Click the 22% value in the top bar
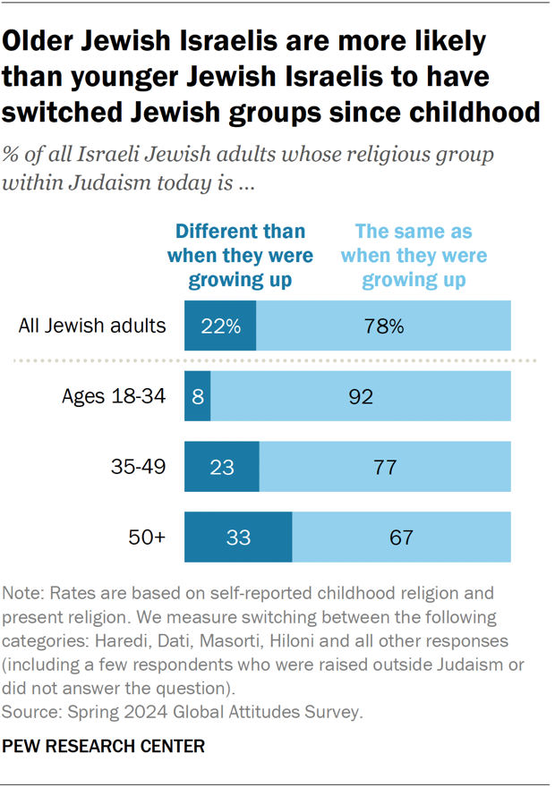pyautogui.click(x=220, y=326)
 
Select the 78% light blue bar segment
pyautogui.click(x=384, y=326)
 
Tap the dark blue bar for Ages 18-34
pyautogui.click(x=198, y=396)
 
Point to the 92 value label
pyautogui.click(x=360, y=396)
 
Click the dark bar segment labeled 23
pyautogui.click(x=221, y=467)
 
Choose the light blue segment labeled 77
pyautogui.click(x=385, y=467)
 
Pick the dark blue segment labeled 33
pyautogui.click(x=238, y=537)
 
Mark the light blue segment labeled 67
pyautogui.click(x=401, y=537)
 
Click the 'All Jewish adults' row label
pyautogui.click(x=92, y=326)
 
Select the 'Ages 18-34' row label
pyautogui.click(x=114, y=396)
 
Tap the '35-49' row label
pyautogui.click(x=138, y=466)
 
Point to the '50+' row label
pyautogui.click(x=149, y=537)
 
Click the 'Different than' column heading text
pyautogui.click(x=240, y=232)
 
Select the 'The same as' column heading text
pyautogui.click(x=414, y=232)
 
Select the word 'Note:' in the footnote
pyautogui.click(x=24, y=593)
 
